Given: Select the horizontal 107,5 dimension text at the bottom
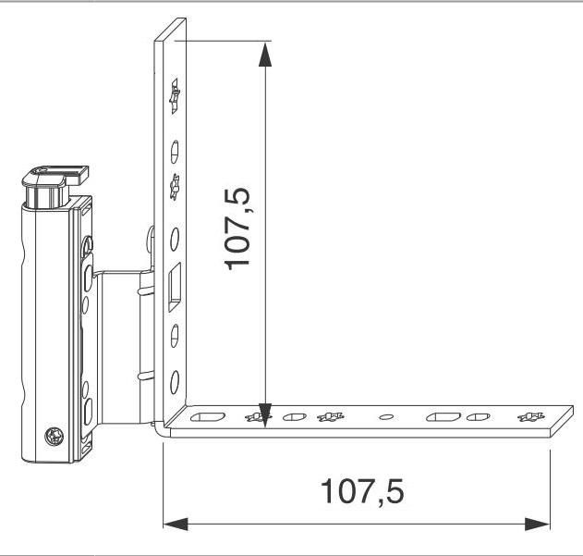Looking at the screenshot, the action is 362,492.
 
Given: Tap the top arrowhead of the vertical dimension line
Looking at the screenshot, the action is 265,55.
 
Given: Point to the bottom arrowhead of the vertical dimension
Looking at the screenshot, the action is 265,415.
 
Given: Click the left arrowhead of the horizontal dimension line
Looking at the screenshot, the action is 176,524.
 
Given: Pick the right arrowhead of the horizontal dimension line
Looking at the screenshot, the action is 538,524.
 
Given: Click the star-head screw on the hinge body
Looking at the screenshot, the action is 55,436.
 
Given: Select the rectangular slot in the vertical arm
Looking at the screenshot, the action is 175,287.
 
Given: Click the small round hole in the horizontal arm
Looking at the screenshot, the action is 386,416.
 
